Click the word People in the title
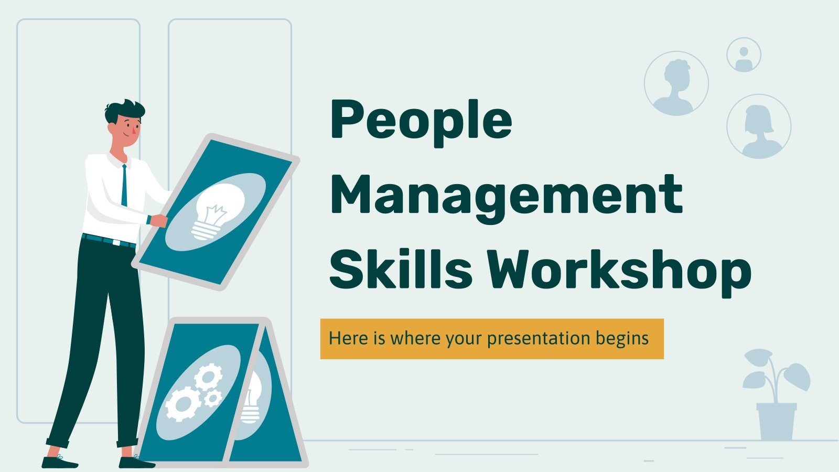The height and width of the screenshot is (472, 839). (x=421, y=123)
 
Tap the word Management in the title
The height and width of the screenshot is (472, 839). (x=506, y=199)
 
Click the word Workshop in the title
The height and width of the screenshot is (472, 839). (x=618, y=273)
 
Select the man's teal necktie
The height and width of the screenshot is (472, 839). (x=124, y=185)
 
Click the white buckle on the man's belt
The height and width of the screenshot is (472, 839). (x=116, y=242)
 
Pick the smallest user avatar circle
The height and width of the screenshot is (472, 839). (x=744, y=55)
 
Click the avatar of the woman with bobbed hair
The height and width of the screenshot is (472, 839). (x=759, y=126)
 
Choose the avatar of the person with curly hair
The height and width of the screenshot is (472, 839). (x=676, y=83)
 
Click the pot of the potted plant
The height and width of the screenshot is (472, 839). (x=777, y=422)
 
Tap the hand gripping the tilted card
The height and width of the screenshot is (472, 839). (x=159, y=220)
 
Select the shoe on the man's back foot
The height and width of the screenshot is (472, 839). (x=59, y=462)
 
